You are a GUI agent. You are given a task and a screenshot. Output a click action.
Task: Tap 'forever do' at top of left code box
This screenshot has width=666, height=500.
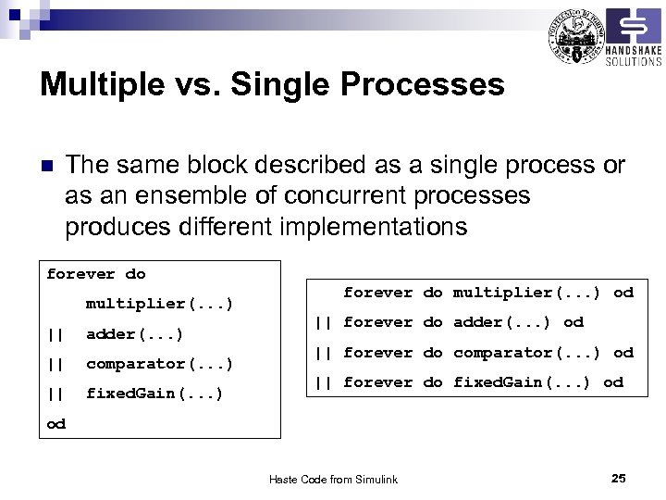[x=96, y=274]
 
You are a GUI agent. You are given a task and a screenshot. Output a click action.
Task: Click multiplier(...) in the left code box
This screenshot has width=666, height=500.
[x=159, y=304]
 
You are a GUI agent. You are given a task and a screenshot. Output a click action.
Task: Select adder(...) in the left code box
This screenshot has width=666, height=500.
[x=134, y=333]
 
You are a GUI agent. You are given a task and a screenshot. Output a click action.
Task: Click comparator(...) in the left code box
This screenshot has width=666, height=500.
[x=159, y=364]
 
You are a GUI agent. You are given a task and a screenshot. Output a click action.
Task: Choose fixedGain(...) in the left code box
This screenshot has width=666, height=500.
[x=154, y=394]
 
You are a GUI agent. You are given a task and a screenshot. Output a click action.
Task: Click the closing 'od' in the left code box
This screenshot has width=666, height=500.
[x=56, y=423]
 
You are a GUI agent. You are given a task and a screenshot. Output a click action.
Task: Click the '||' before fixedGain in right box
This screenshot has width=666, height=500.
[x=323, y=382]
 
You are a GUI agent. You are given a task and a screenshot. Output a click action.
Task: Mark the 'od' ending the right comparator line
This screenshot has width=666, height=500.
[x=623, y=353]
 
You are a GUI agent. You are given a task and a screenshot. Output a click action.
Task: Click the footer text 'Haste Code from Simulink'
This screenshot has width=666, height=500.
[x=333, y=479]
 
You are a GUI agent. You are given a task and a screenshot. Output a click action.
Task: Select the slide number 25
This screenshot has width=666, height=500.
[x=619, y=478]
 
